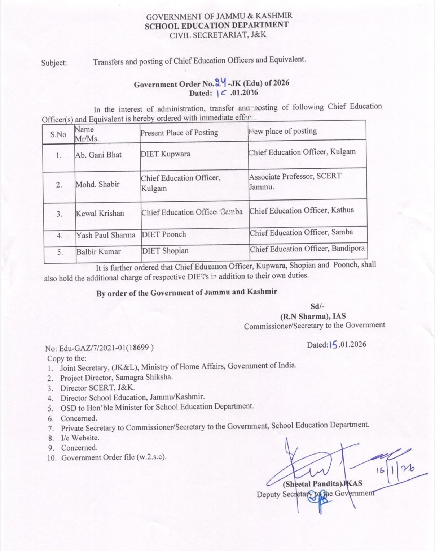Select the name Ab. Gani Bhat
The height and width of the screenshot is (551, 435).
98,155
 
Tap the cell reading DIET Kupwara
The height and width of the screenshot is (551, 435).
166,154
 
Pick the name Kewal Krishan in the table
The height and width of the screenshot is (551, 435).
100,214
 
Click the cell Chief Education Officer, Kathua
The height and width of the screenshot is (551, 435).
302,211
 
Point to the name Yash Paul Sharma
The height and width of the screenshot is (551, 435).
106,235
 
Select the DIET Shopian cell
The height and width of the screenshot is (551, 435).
165,251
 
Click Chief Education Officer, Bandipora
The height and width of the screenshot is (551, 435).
307,249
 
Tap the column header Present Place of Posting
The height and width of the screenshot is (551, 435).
179,133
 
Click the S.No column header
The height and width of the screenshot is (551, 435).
58,134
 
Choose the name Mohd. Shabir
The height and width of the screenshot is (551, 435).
97,184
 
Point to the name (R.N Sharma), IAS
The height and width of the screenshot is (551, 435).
313,316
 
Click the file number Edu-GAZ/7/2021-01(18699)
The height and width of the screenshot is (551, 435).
99,348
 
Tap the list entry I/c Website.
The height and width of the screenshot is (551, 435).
80,438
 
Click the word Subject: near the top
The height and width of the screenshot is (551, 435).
54,63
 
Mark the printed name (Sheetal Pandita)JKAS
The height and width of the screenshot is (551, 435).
322,484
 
